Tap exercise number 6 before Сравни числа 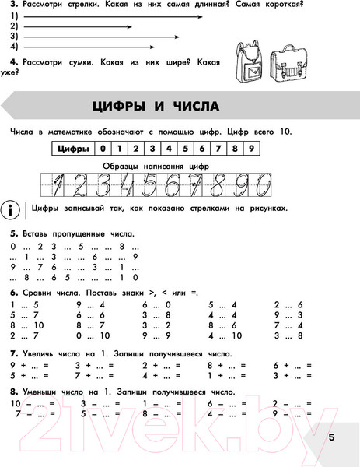tap(13, 291)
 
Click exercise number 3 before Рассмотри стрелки tap(13, 5)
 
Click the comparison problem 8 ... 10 tap(28, 325)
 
